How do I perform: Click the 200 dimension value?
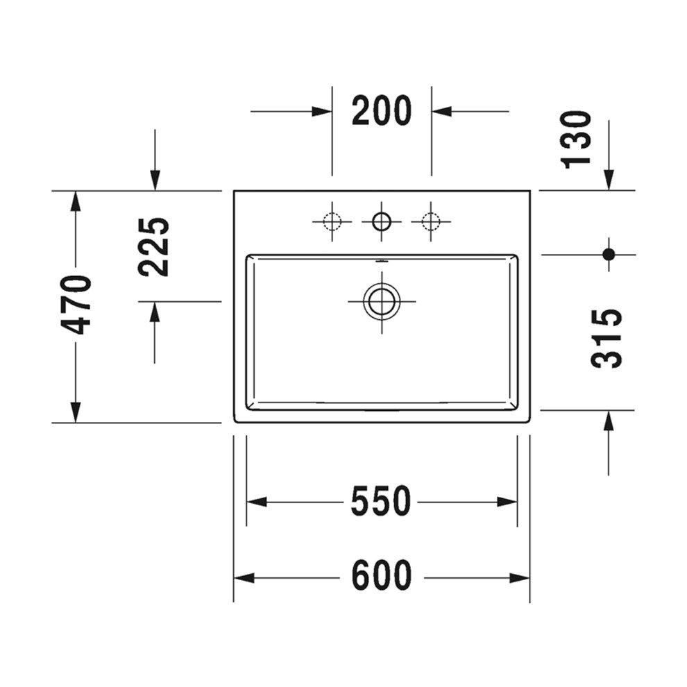click(x=382, y=111)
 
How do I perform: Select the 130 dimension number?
click(x=577, y=139)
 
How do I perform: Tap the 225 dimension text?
click(x=154, y=246)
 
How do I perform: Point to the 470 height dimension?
click(x=77, y=305)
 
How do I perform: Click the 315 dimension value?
click(x=607, y=338)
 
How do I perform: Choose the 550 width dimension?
click(x=381, y=502)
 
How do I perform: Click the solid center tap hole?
click(x=382, y=221)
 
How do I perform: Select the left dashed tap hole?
click(x=332, y=221)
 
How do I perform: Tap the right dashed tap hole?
click(x=431, y=221)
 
